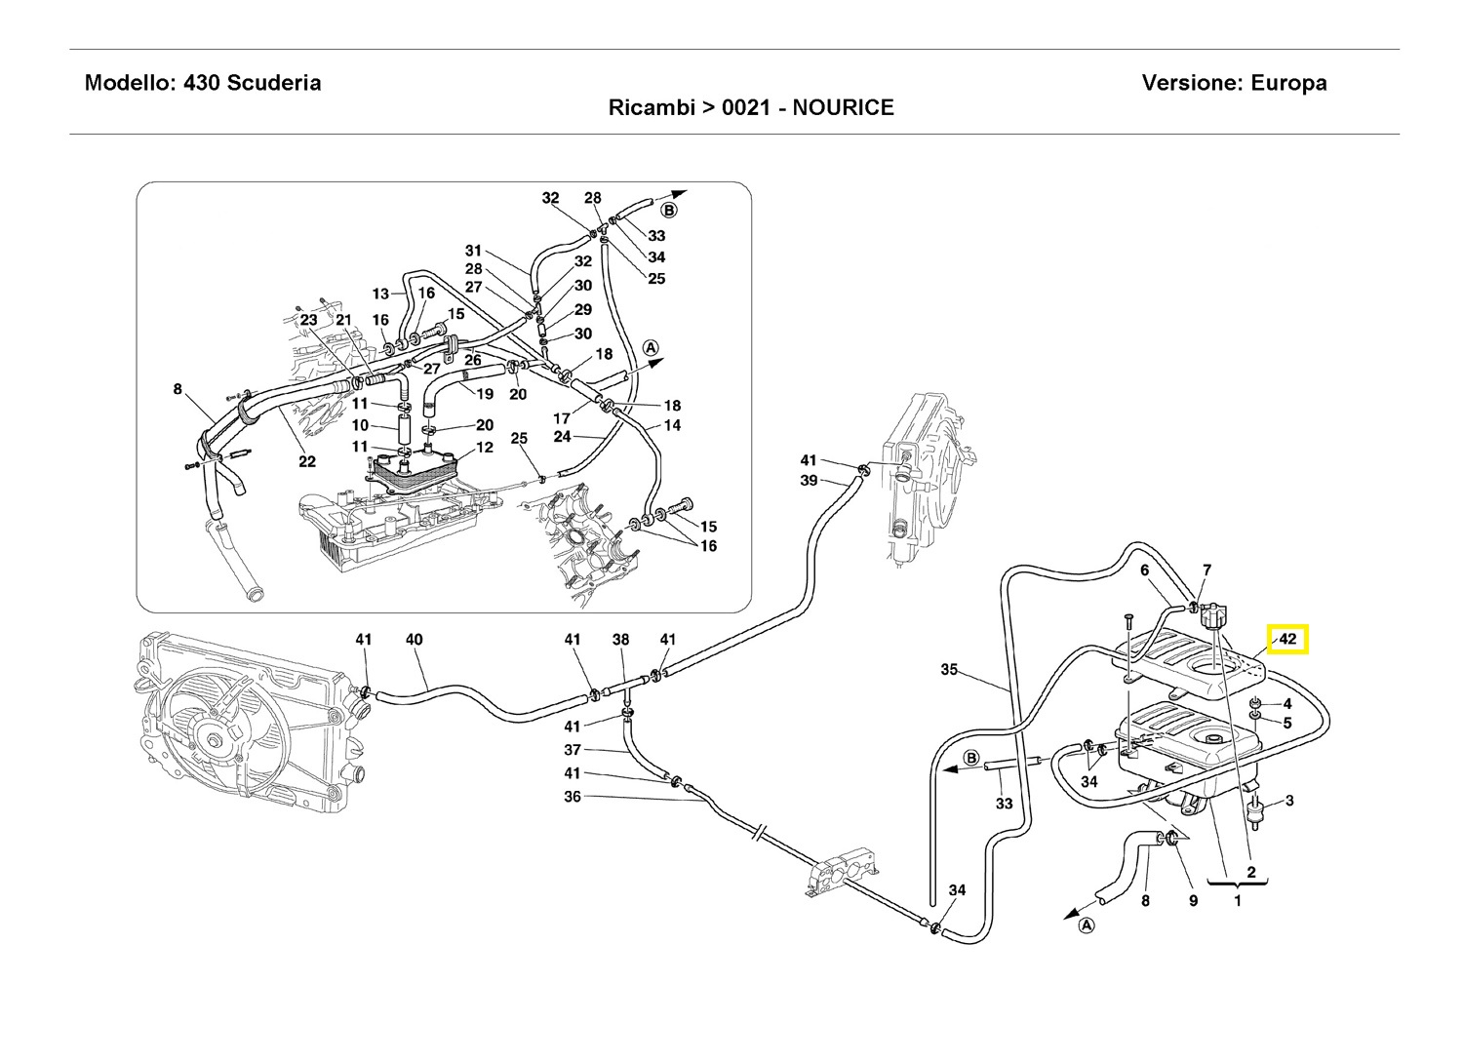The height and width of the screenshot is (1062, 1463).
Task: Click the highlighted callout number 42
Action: point(1286,639)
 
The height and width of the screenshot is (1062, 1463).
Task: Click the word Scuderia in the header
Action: point(274,83)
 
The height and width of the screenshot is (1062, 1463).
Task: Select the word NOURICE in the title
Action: point(843,107)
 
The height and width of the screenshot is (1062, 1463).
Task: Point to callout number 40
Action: point(415,639)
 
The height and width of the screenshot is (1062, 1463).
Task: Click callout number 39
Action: point(809,480)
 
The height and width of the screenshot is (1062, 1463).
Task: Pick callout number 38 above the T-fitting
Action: point(620,639)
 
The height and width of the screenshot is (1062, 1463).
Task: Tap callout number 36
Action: point(573,796)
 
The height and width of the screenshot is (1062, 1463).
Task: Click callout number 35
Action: point(949,669)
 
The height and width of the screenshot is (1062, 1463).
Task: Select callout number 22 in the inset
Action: point(307,461)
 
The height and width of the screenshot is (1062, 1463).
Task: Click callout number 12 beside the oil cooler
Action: point(485,448)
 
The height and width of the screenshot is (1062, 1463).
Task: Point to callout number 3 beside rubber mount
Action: point(1289,800)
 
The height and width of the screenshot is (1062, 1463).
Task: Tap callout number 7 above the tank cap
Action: point(1206,570)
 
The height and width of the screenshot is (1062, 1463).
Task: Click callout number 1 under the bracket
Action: point(1237,901)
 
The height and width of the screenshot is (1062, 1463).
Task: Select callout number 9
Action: point(1193,901)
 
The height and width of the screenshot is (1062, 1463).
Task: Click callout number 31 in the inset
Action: point(473,251)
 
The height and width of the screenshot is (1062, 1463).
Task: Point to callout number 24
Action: point(562,436)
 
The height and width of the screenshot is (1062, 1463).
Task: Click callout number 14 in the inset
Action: point(672,425)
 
